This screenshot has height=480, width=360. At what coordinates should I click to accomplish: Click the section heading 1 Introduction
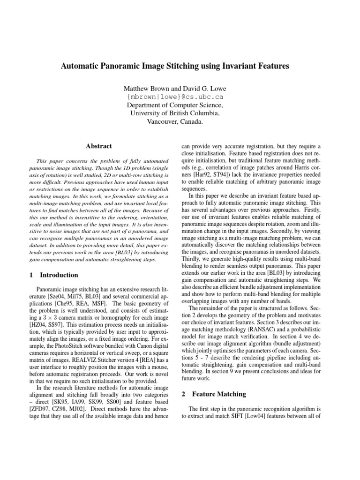[x=53, y=275]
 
